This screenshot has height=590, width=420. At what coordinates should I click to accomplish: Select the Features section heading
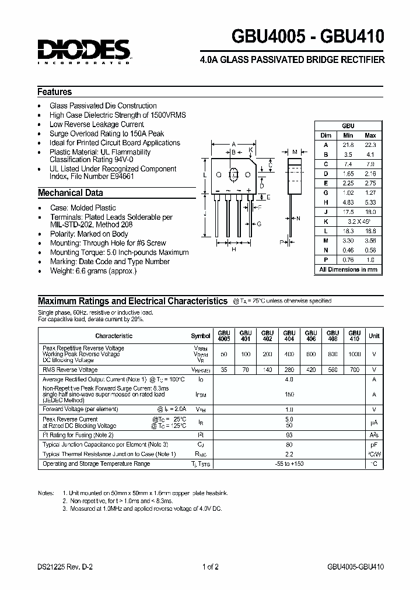(55, 92)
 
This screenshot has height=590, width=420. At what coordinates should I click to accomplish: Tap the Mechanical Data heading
(71, 193)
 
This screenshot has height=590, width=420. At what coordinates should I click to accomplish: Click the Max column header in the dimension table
(370, 135)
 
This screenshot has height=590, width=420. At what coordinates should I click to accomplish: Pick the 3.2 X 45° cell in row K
(359, 222)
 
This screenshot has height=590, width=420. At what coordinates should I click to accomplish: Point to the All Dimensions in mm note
(348, 269)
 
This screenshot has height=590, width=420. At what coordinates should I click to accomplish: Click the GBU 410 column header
(354, 335)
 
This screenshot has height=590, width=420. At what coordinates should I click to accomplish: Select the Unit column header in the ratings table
(374, 336)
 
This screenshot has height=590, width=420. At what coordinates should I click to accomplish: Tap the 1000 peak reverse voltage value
(354, 354)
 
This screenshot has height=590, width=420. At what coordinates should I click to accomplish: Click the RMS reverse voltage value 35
(225, 370)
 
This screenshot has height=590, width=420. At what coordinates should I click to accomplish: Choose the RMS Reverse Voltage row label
(70, 370)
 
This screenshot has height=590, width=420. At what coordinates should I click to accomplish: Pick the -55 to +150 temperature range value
(289, 463)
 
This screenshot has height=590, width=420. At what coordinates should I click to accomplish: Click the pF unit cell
(374, 444)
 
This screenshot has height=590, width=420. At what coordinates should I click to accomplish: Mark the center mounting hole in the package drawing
(234, 174)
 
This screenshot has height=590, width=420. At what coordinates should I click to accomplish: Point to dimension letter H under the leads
(233, 249)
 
